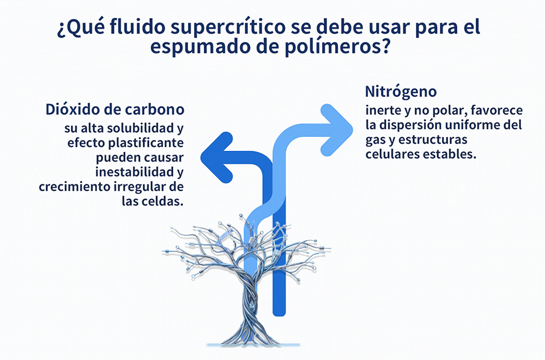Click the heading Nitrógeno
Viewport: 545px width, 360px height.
point(401,92)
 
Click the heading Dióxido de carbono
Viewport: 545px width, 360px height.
point(114,109)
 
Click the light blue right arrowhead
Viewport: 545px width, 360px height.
point(336,130)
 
